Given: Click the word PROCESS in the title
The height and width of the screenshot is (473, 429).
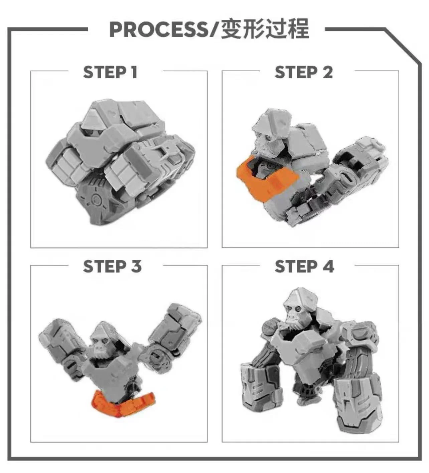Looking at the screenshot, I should [x=159, y=29].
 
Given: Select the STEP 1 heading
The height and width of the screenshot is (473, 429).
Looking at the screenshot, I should [x=110, y=72].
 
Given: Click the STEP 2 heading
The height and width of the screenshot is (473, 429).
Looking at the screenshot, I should [x=303, y=72].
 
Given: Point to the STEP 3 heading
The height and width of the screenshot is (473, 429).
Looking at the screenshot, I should [x=112, y=266].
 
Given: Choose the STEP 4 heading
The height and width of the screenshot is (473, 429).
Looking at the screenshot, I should [x=304, y=266].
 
